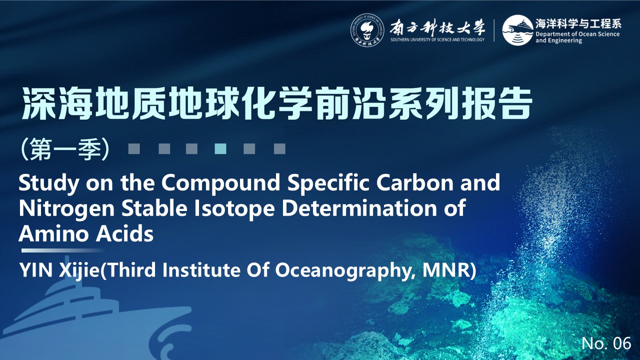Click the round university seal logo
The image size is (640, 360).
(x=367, y=30)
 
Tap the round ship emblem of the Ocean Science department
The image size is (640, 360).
(x=517, y=30)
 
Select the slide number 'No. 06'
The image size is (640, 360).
(x=606, y=343)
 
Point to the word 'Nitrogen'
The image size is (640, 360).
(x=66, y=208)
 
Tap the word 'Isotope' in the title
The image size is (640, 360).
(x=234, y=208)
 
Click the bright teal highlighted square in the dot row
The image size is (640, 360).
(x=220, y=149)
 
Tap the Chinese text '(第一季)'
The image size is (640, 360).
(x=65, y=149)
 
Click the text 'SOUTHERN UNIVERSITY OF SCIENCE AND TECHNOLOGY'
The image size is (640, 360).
(x=437, y=39)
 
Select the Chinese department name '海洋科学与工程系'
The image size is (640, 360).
(x=578, y=23)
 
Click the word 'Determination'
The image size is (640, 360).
(x=359, y=208)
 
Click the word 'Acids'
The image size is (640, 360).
(x=124, y=233)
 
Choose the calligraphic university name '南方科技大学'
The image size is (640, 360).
(x=437, y=28)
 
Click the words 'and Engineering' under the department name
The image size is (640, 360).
(x=558, y=40)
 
